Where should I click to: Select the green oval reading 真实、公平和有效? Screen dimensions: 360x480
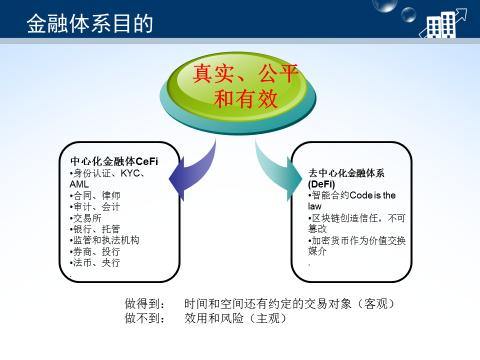coord(237,86)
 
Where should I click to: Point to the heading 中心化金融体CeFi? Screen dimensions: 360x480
coord(113,161)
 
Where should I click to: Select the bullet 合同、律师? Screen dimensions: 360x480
coord(95,196)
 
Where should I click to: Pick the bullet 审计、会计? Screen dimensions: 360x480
coord(95,207)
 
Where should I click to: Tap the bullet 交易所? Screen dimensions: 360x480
coord(87,218)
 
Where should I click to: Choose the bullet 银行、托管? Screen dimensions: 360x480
coord(95,229)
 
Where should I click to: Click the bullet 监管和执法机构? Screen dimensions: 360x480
coord(104,240)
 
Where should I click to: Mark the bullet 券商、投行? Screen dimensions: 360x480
coord(95,251)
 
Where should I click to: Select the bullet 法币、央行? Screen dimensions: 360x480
coord(95,262)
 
